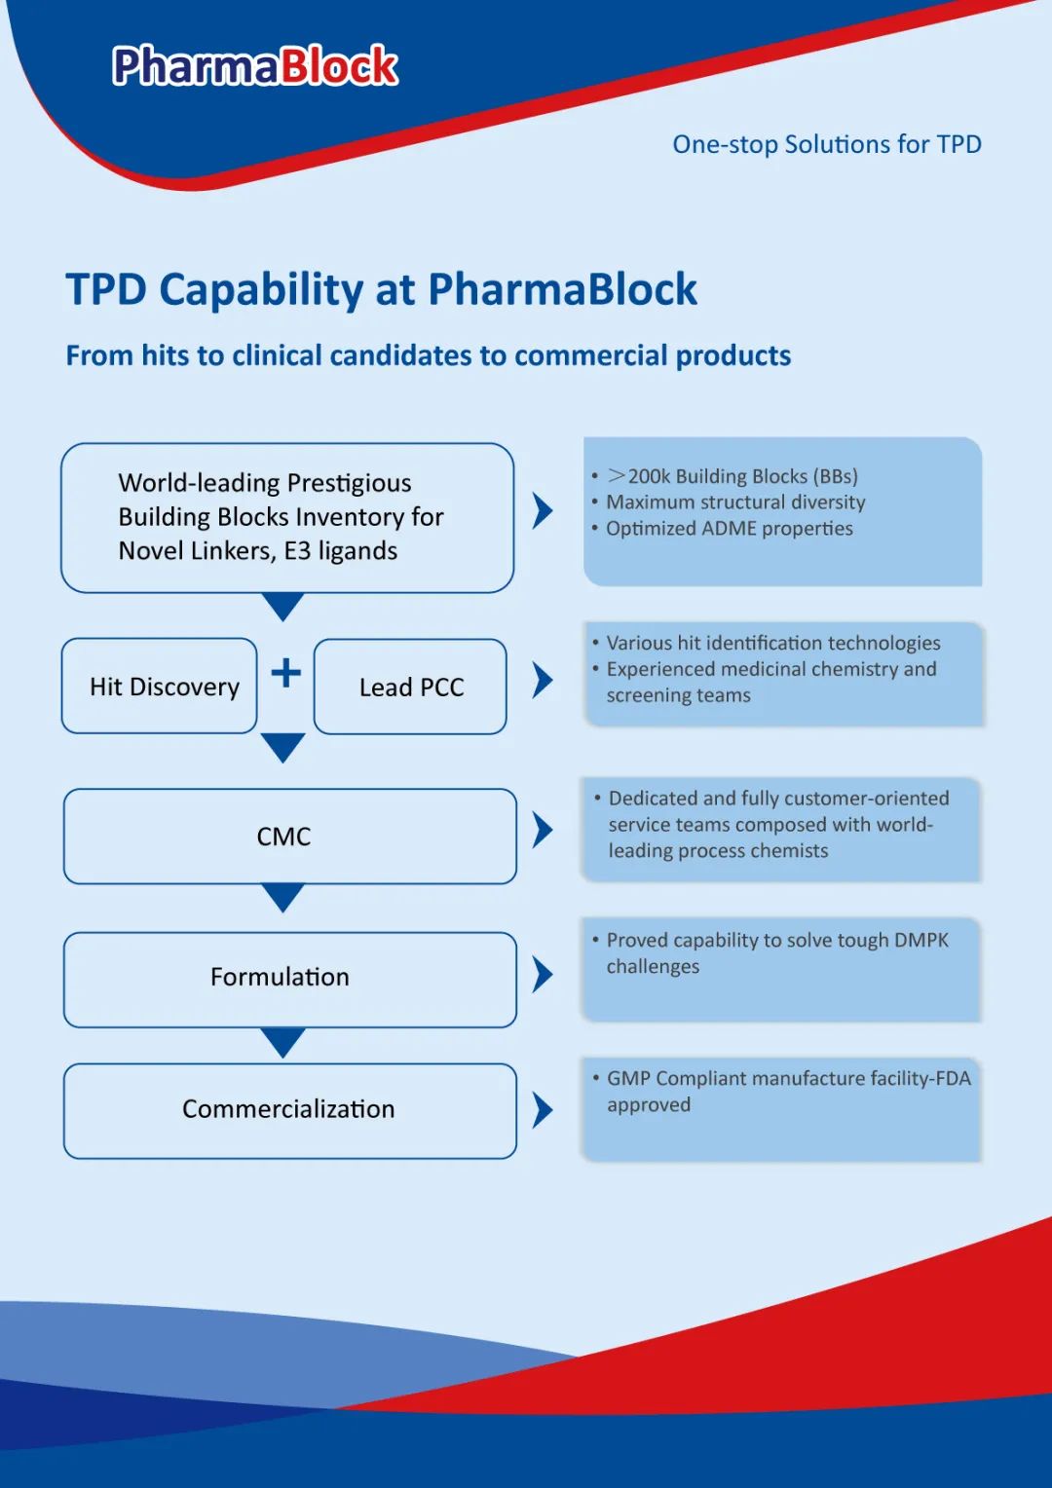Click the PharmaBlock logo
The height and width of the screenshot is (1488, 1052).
click(255, 66)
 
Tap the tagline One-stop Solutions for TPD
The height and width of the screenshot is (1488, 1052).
click(826, 144)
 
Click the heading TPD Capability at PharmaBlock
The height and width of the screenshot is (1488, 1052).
click(381, 289)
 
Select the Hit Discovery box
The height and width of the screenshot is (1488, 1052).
click(160, 687)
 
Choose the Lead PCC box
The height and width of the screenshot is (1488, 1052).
click(410, 687)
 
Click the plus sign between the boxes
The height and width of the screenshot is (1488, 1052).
click(285, 673)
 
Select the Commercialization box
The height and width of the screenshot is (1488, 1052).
click(289, 1109)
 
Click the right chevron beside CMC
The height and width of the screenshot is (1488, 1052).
click(543, 830)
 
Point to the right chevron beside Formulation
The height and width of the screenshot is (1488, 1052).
click(543, 974)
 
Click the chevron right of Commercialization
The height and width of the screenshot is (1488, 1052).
click(543, 1109)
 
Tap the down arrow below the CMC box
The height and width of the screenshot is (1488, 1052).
click(283, 896)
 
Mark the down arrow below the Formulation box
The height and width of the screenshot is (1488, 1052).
click(283, 1041)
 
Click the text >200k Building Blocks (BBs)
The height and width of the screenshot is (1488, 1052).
click(733, 476)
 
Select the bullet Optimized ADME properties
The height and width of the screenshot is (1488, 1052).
click(729, 529)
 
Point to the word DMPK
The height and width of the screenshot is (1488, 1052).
click(920, 940)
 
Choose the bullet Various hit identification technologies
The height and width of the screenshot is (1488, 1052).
click(772, 643)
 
